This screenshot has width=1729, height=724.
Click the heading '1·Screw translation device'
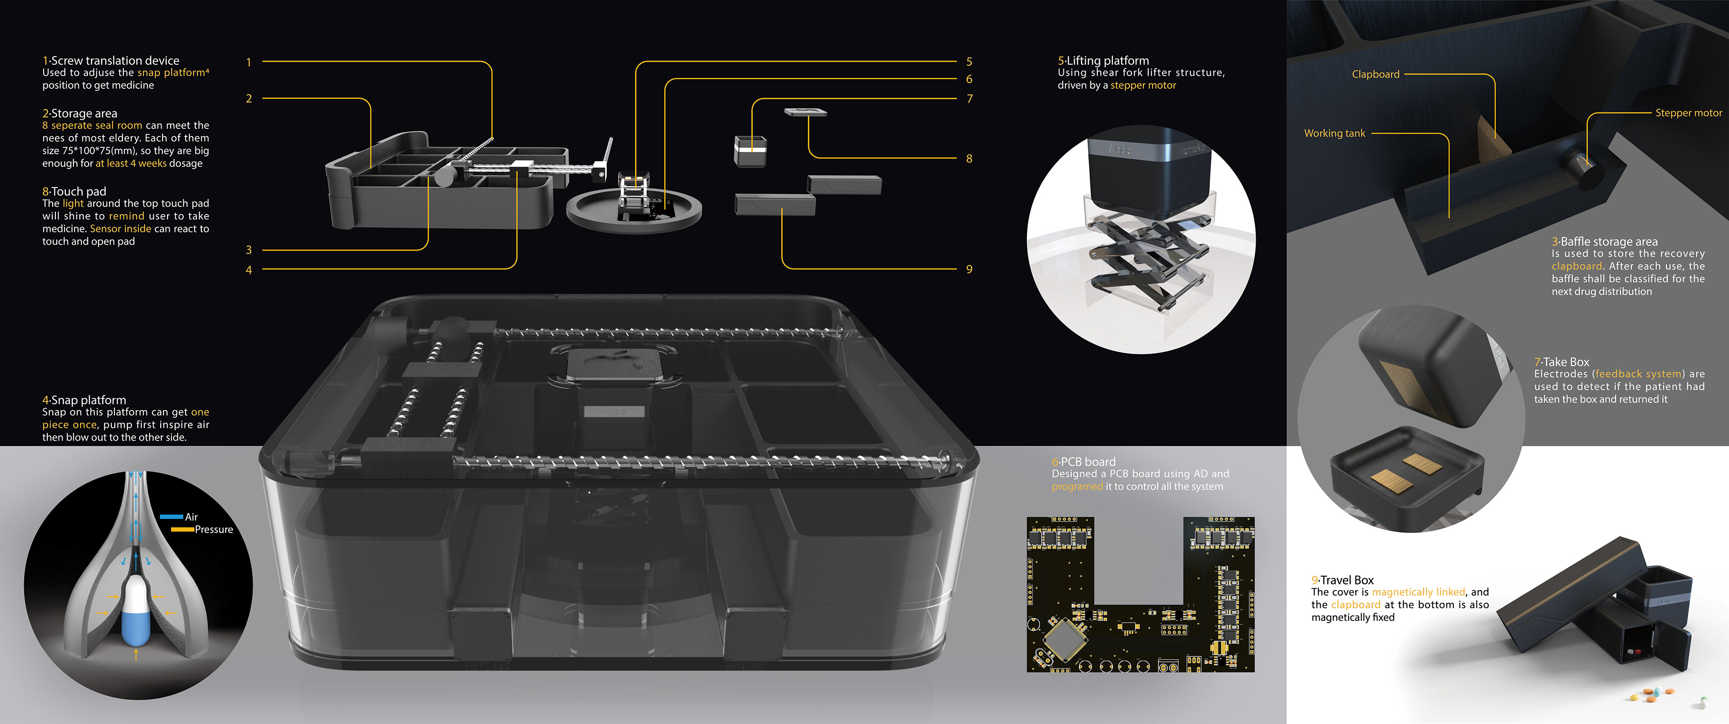pos(111,60)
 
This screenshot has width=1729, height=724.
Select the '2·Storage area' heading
pos(79,114)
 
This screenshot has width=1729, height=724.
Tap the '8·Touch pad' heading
pos(74,191)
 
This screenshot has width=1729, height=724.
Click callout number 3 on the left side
pos(249,250)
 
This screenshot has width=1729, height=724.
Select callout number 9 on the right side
pos(969,269)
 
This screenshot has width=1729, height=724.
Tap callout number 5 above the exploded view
pos(969,62)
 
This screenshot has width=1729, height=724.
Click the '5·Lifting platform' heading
pos(1104,60)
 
